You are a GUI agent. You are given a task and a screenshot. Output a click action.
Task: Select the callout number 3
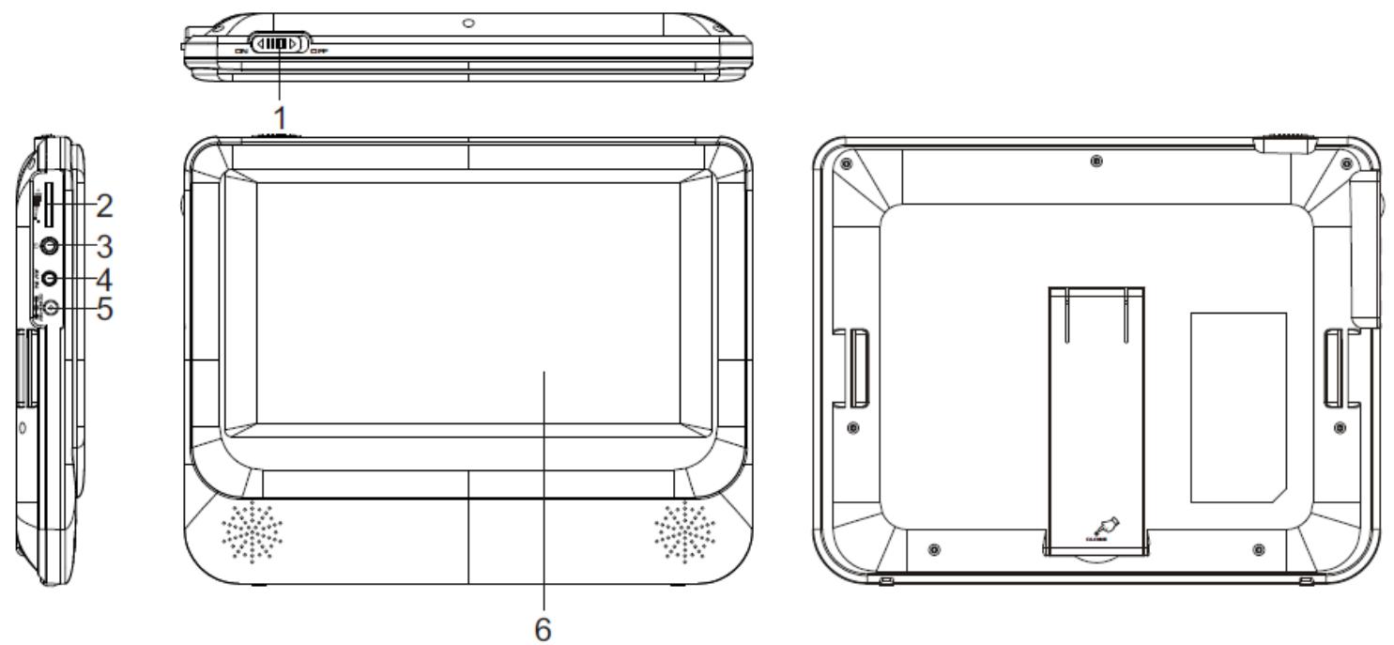coord(106,246)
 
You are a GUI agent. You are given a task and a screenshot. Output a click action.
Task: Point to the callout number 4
coord(106,279)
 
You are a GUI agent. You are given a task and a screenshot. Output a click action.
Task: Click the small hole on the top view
coord(468,22)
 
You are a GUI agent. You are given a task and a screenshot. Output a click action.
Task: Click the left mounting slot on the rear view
coord(857,366)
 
